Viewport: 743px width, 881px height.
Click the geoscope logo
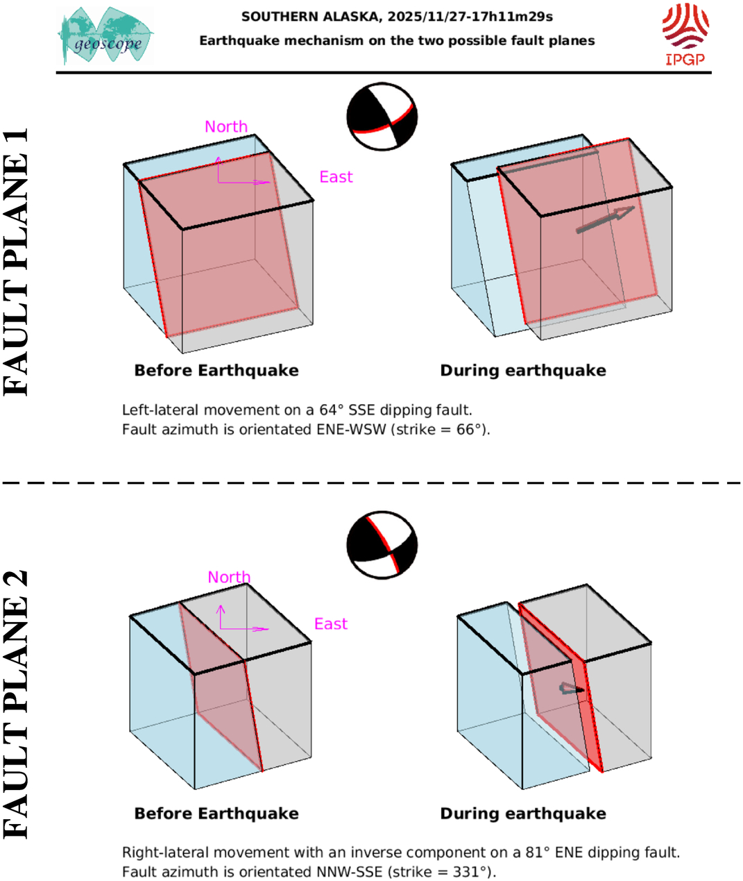[106, 36]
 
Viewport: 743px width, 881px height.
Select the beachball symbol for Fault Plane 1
[382, 117]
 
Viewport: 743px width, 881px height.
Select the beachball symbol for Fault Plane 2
[382, 546]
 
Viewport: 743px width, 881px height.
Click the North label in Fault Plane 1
[226, 127]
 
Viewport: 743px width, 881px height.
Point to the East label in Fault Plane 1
[336, 178]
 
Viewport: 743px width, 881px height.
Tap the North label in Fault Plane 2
[229, 578]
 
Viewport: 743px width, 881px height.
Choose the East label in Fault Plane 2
[331, 624]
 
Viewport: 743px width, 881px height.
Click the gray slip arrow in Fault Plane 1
[606, 220]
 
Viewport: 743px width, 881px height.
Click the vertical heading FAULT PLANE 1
[17, 262]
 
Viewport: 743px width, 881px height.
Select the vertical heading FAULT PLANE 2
[17, 704]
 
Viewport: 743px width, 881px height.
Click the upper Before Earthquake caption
[216, 371]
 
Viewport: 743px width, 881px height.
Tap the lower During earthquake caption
[523, 814]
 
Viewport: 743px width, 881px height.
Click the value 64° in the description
[332, 410]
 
